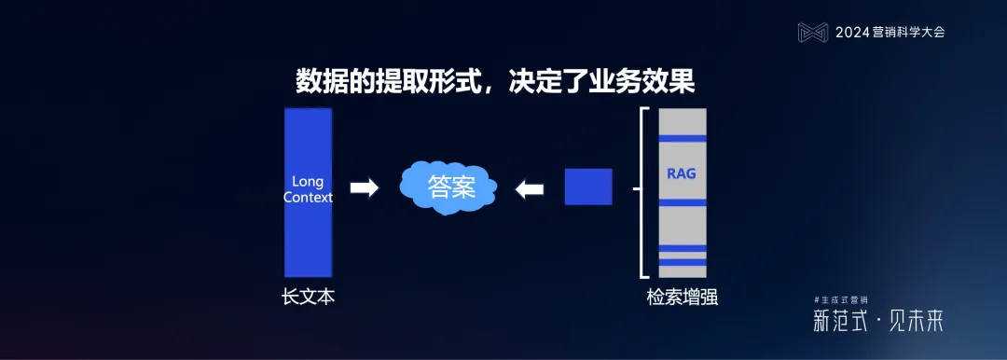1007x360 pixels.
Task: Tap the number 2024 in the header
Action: coord(852,32)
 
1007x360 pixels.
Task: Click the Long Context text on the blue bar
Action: coord(308,189)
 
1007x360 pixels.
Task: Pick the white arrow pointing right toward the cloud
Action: coord(364,188)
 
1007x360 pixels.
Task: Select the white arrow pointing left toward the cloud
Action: coord(530,188)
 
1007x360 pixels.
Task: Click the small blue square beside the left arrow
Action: coord(588,187)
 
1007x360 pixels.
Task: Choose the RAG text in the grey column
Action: coord(682,173)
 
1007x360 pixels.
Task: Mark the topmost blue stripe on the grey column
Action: coord(683,139)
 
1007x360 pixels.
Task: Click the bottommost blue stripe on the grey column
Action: coord(683,263)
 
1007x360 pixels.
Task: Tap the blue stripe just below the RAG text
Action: coord(683,202)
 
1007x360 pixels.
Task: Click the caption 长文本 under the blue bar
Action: coord(308,298)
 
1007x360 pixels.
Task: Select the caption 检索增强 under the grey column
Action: coord(683,298)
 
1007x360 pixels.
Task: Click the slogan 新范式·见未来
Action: coord(877,323)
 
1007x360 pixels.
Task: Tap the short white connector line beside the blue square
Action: coord(636,188)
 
